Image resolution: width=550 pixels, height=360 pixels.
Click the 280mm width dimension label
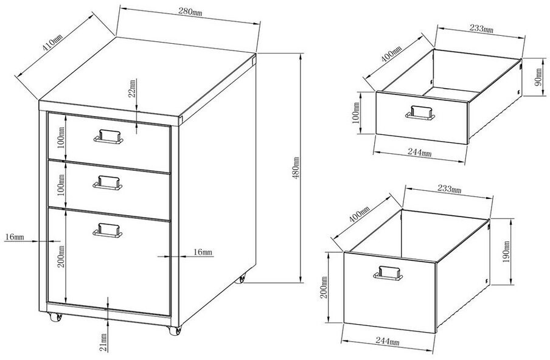(x=190, y=12)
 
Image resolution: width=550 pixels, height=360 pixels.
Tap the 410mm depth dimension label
(x=52, y=43)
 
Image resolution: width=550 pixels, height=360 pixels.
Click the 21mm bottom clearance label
(x=103, y=342)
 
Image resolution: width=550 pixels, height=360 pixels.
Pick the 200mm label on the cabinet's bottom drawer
(x=61, y=257)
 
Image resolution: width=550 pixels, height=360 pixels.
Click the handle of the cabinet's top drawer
(x=108, y=136)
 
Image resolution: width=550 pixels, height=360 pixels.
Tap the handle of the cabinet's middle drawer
(x=108, y=182)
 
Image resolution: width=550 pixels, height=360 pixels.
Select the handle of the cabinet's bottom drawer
(x=108, y=230)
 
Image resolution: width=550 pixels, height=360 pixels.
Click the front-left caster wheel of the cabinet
(x=55, y=317)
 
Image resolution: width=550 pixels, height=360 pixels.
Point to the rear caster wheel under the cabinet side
(x=241, y=279)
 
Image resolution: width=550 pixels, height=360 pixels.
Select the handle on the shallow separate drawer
(x=420, y=113)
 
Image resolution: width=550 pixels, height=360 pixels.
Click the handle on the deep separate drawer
(x=388, y=273)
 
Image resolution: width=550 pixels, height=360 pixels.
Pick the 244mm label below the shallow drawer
(x=420, y=152)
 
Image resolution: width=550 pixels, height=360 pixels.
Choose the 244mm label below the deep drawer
(x=388, y=341)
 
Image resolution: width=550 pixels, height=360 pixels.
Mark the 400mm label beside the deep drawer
(x=359, y=214)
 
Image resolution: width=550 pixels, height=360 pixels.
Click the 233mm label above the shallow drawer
(x=481, y=29)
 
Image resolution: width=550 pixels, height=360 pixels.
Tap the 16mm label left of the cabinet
(x=15, y=237)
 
